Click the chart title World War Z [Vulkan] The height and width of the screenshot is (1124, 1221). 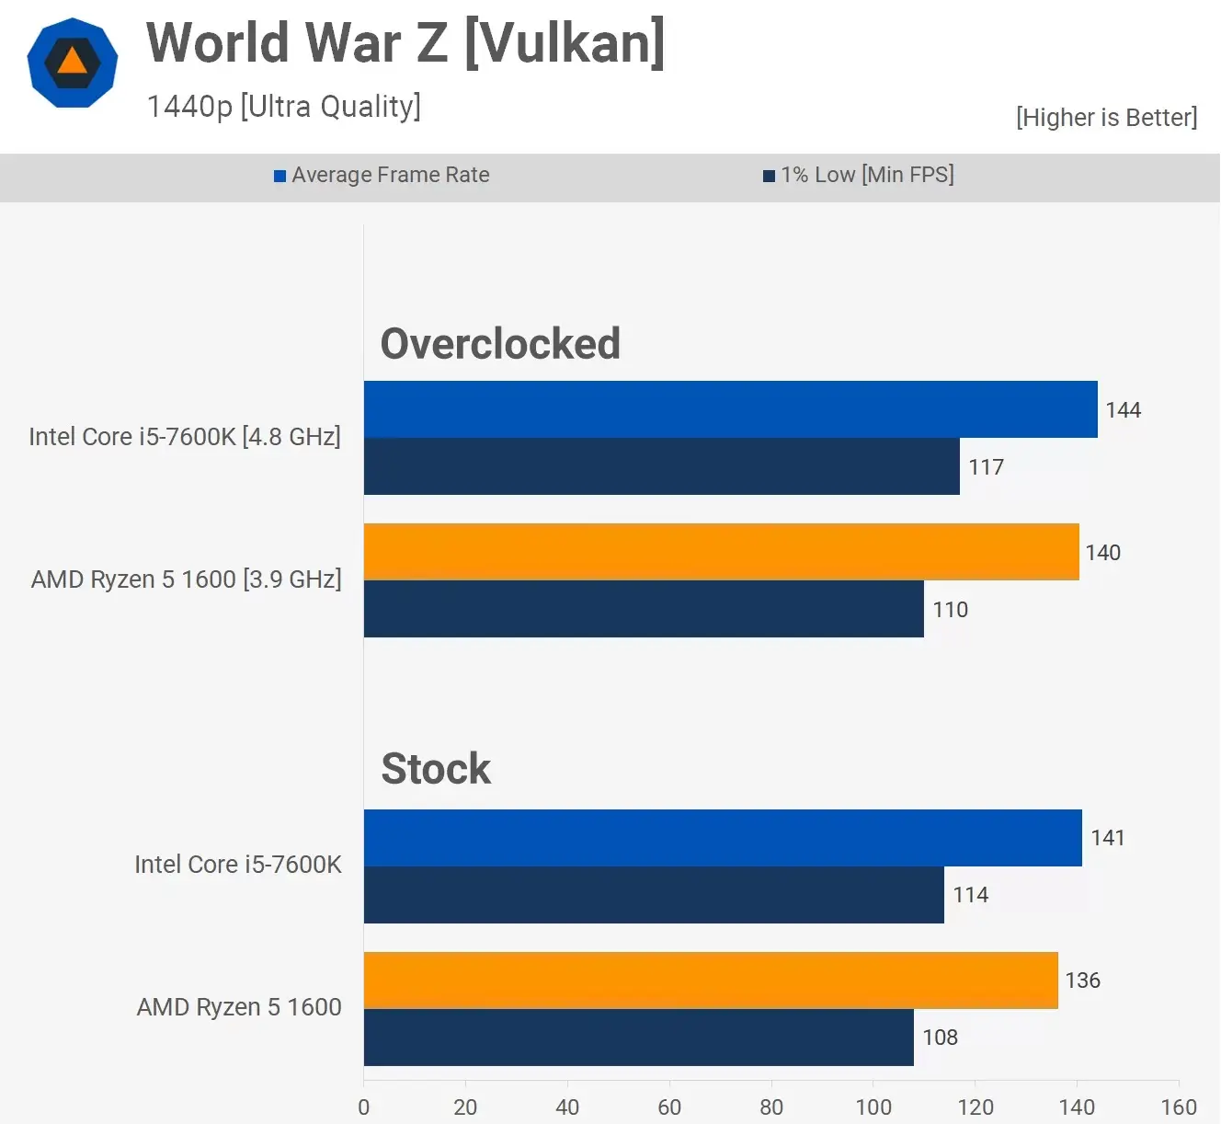click(x=405, y=43)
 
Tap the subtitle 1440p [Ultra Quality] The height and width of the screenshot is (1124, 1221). click(x=283, y=107)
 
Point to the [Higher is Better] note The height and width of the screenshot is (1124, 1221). click(x=1106, y=118)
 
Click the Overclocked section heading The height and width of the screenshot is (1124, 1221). click(x=500, y=344)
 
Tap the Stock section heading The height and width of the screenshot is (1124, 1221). click(x=436, y=769)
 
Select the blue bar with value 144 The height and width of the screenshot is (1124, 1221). click(x=730, y=409)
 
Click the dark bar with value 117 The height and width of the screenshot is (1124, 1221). click(x=661, y=466)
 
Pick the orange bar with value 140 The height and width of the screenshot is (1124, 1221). click(x=721, y=552)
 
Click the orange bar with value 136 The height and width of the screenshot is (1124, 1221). click(x=711, y=981)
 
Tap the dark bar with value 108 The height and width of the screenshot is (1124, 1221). click(x=638, y=1038)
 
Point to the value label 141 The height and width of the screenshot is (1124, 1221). click(x=1108, y=838)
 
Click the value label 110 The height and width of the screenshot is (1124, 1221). click(x=950, y=610)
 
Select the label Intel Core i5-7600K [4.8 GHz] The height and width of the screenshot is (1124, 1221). click(x=185, y=436)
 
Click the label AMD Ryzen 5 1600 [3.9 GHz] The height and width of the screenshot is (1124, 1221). click(x=186, y=579)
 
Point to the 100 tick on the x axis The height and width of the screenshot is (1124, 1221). click(x=873, y=1107)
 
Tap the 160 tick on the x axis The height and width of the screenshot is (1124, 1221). click(x=1179, y=1107)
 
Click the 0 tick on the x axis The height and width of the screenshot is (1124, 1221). click(x=364, y=1107)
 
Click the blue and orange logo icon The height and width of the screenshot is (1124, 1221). click(x=73, y=63)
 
